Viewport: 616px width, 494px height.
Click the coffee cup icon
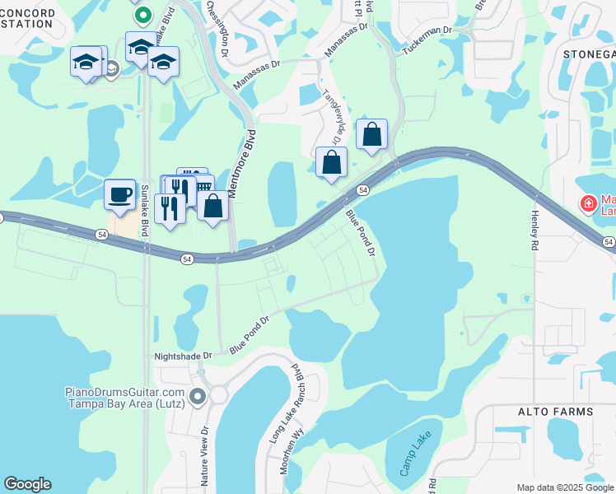[x=120, y=194]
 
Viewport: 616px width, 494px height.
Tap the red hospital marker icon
[x=588, y=203]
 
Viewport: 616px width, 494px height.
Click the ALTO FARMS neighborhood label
[x=555, y=411]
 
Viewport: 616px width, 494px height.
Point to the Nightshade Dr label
[x=183, y=356]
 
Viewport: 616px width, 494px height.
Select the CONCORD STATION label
[x=29, y=18]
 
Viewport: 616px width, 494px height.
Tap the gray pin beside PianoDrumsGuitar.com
[x=197, y=398]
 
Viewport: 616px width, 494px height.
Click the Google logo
[x=27, y=484]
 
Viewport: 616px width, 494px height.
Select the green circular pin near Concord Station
[x=142, y=14]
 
